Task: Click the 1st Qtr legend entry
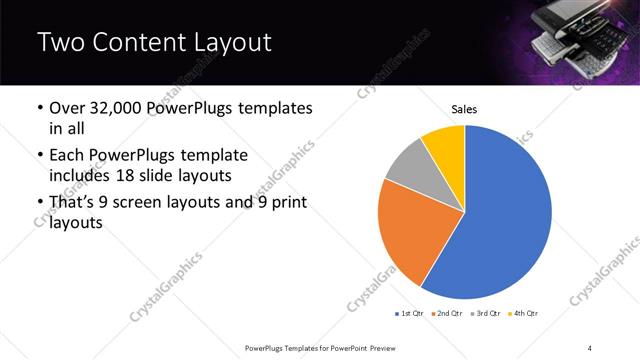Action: [x=410, y=314]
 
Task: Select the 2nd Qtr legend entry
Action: [x=448, y=314]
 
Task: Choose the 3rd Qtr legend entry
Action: [x=486, y=314]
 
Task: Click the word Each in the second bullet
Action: [x=67, y=156]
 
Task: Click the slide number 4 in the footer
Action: [x=590, y=347]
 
